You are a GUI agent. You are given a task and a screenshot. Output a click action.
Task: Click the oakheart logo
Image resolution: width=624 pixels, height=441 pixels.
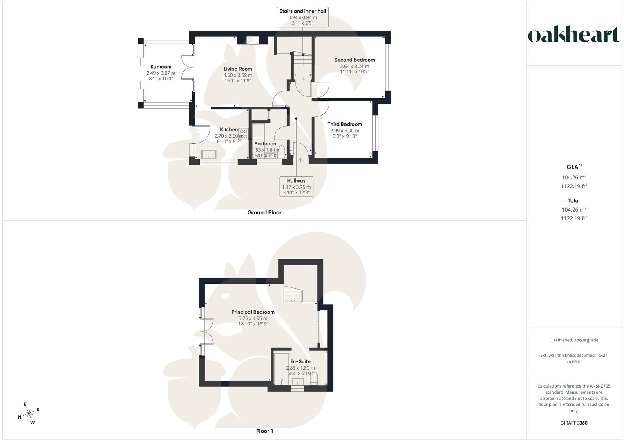pos(574,35)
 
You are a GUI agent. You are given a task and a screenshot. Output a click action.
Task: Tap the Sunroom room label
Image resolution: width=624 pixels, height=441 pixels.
pos(161,67)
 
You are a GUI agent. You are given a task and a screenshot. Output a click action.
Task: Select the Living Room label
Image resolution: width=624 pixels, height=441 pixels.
pos(237,69)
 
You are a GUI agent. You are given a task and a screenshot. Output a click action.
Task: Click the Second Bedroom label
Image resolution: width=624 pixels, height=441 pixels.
pos(354,60)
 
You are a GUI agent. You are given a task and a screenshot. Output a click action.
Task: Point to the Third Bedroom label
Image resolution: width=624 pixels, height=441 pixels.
pos(344,124)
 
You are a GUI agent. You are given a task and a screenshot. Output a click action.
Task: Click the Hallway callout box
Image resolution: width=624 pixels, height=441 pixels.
pos(296,187)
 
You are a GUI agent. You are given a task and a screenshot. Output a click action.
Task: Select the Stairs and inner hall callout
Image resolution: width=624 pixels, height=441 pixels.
pos(302,17)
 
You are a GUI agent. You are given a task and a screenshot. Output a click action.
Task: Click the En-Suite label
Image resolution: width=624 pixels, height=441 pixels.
pos(300,361)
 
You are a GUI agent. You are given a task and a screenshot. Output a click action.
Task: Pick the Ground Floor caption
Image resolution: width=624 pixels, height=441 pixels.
pos(264,212)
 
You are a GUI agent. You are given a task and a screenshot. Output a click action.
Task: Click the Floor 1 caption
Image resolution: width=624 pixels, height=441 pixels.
pos(264,431)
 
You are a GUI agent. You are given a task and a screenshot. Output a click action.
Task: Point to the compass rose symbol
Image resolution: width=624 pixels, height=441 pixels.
pos(29,414)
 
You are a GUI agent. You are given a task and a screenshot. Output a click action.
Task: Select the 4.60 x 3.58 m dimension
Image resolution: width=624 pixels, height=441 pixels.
pos(237,75)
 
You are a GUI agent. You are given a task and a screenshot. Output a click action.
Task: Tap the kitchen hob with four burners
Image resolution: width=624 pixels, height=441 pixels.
pos(244,134)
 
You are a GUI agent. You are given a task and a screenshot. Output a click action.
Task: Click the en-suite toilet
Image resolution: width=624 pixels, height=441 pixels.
pos(314,380)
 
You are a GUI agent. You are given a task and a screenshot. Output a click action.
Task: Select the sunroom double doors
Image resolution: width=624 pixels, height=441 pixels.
pos(188,67)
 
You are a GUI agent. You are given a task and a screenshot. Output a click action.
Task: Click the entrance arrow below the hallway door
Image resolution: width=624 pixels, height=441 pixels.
pos(301,160)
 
